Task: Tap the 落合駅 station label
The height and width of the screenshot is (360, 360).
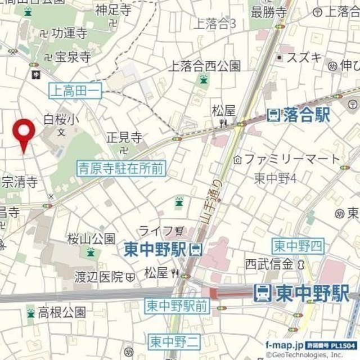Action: point(299,116)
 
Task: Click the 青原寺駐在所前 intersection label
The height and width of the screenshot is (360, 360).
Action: point(121,166)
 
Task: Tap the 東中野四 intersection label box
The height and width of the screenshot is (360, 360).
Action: point(298,246)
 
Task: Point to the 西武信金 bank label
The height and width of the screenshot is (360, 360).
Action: point(269,264)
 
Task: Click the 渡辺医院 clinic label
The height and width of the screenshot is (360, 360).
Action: point(99,277)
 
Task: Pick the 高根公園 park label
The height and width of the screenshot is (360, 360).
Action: point(62,312)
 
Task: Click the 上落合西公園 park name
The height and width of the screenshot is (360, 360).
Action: point(205,66)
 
